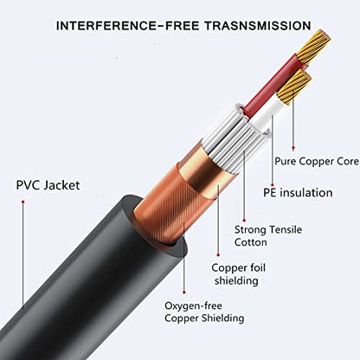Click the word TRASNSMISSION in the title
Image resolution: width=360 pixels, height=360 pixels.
point(258,26)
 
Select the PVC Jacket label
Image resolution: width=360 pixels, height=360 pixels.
point(48,185)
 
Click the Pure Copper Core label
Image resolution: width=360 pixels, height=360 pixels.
point(317,161)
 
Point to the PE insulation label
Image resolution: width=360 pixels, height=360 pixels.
point(298,193)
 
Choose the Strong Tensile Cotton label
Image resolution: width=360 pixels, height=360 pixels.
point(268,235)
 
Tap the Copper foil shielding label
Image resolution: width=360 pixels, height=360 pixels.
point(238,273)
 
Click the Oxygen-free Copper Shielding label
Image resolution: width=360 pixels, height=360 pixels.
point(204,312)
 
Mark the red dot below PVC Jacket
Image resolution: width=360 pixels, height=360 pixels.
point(22,202)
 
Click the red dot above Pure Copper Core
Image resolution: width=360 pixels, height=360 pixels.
point(293,148)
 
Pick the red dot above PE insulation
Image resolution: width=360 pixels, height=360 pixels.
point(273,184)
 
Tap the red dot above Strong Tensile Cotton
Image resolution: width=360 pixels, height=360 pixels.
point(244,221)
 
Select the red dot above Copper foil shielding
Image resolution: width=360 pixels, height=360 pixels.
point(218,255)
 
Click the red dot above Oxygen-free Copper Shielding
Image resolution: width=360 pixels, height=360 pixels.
point(184,292)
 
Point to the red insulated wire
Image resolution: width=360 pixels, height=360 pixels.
point(273,85)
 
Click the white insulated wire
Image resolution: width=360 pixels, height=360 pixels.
point(267,114)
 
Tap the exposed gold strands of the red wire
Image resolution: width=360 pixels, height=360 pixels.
point(314,46)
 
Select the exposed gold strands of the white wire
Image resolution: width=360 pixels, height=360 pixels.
point(295,86)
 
